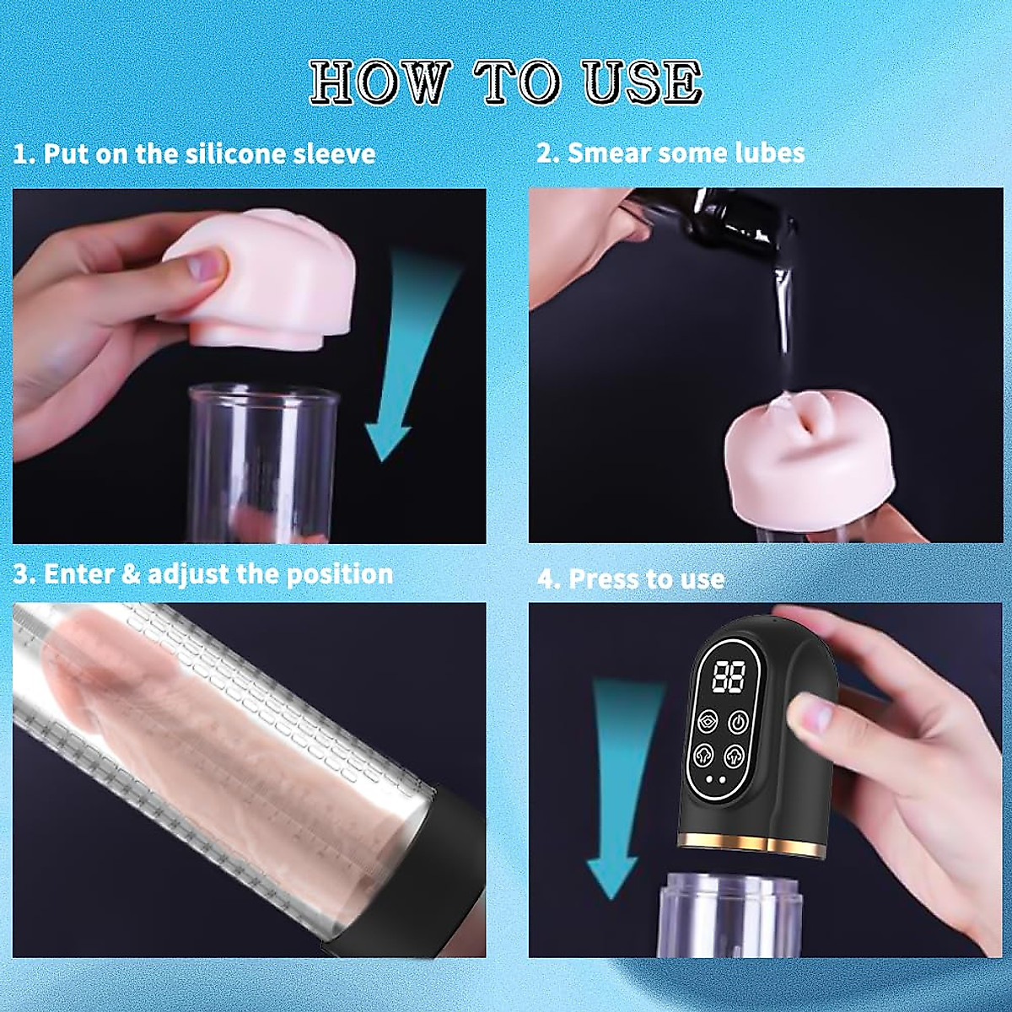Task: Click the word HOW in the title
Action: (380, 83)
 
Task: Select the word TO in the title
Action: (516, 83)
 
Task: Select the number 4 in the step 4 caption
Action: (546, 579)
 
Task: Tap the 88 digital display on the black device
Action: (727, 676)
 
